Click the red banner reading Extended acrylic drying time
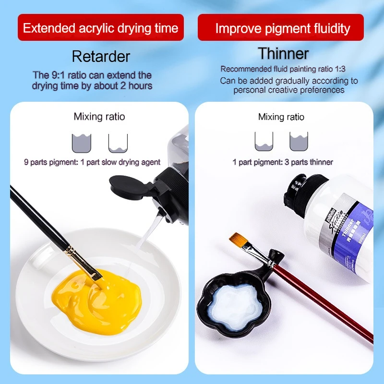click(x=101, y=27)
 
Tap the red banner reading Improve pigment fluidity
click(x=282, y=28)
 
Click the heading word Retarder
click(x=101, y=57)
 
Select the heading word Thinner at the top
click(x=283, y=53)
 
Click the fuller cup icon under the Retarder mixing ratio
click(x=81, y=143)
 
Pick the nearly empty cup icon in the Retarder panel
click(x=118, y=143)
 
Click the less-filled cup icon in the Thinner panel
click(x=264, y=142)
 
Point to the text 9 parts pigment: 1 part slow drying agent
click(x=92, y=162)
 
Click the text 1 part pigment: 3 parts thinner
click(x=283, y=162)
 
